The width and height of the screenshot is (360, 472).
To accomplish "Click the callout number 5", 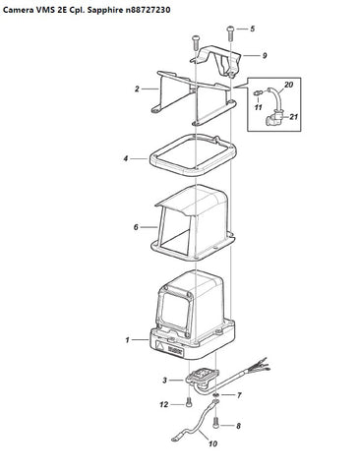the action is (x=252, y=29).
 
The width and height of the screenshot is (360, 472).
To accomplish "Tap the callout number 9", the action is (x=265, y=55).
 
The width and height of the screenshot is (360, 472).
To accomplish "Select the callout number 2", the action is (x=137, y=88).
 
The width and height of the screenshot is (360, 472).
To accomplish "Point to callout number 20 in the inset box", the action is (x=288, y=85).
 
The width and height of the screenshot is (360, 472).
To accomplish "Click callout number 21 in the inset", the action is (x=294, y=116).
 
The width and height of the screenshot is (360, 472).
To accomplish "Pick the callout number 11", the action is (x=259, y=107).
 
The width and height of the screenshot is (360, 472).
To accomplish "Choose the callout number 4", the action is (x=126, y=158).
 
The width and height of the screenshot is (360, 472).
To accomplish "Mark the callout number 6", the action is (x=136, y=227).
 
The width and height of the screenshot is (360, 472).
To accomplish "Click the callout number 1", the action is (x=127, y=340).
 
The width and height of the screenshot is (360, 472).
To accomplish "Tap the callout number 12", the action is (x=164, y=405).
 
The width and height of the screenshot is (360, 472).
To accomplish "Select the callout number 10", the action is (x=212, y=443).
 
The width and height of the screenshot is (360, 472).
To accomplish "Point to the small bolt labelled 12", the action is (x=189, y=402).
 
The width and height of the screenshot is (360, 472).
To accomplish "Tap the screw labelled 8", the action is (x=215, y=422).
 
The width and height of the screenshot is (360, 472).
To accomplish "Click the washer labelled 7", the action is (x=215, y=395).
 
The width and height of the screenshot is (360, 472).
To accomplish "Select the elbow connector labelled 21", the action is (x=272, y=119).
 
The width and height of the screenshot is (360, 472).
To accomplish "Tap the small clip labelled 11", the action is (x=258, y=93).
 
